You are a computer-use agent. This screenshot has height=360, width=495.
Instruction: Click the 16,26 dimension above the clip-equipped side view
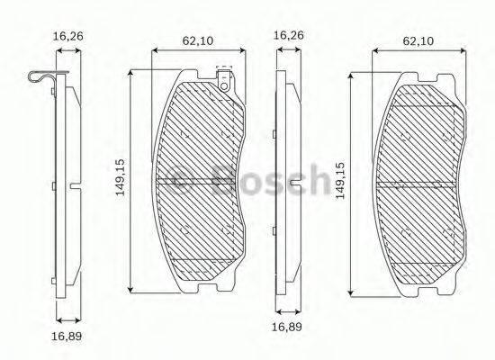click(x=68, y=36)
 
